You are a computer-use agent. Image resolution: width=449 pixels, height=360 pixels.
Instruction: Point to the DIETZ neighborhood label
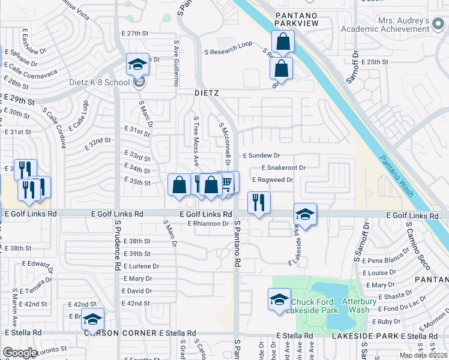[x=206, y=94]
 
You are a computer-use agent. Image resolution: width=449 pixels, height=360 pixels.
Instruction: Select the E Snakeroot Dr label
[x=283, y=168]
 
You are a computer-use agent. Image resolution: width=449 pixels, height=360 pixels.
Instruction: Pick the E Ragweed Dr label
[x=273, y=179]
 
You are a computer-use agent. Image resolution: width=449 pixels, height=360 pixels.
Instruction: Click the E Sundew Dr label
[x=262, y=155]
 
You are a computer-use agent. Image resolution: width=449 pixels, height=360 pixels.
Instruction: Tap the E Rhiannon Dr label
[x=209, y=224]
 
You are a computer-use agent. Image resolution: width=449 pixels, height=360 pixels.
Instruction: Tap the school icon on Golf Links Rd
[x=305, y=214]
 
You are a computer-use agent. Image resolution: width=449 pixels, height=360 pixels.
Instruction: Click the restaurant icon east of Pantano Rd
[x=259, y=202]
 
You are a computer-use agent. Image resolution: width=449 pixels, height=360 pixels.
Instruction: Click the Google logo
[x=20, y=353]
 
